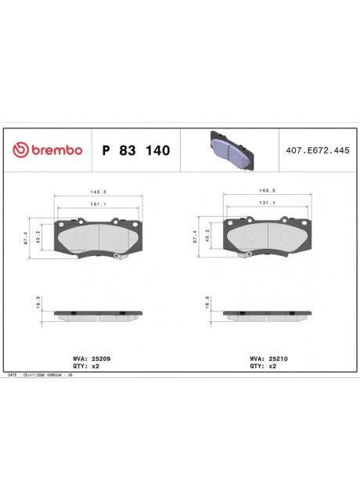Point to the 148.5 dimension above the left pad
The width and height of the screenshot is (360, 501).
coord(99,191)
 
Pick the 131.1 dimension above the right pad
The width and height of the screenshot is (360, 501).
coord(268,202)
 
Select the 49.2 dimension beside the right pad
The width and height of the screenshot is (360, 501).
coord(207,237)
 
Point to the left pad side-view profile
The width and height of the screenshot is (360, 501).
coord(99,315)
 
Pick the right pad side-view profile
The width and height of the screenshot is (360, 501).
coord(268,315)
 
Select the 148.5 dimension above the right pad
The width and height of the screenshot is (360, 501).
coord(268,191)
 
